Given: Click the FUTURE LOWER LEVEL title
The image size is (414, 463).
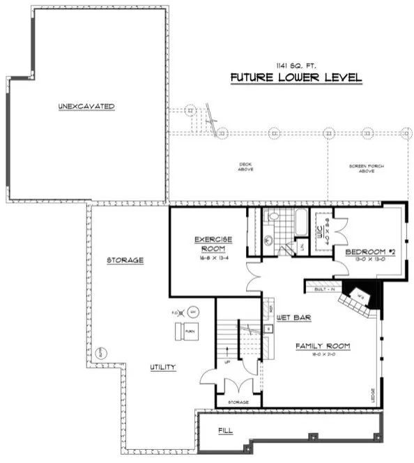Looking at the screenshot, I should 296,77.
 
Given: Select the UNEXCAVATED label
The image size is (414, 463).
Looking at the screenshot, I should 86,106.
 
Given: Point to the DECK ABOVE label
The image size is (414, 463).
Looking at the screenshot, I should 245,167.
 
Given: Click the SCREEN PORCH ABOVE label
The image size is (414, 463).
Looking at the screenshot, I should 367,168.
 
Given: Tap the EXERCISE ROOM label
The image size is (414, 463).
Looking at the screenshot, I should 213,244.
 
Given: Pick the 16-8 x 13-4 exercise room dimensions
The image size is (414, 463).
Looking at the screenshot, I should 213,257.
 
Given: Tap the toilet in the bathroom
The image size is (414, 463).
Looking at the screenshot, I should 274,218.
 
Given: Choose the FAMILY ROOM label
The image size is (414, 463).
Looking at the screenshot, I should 321,347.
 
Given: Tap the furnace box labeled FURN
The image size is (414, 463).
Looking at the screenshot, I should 189,330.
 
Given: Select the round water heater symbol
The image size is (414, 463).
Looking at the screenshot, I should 194,311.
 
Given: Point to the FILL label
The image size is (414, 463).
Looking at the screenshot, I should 225,432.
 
